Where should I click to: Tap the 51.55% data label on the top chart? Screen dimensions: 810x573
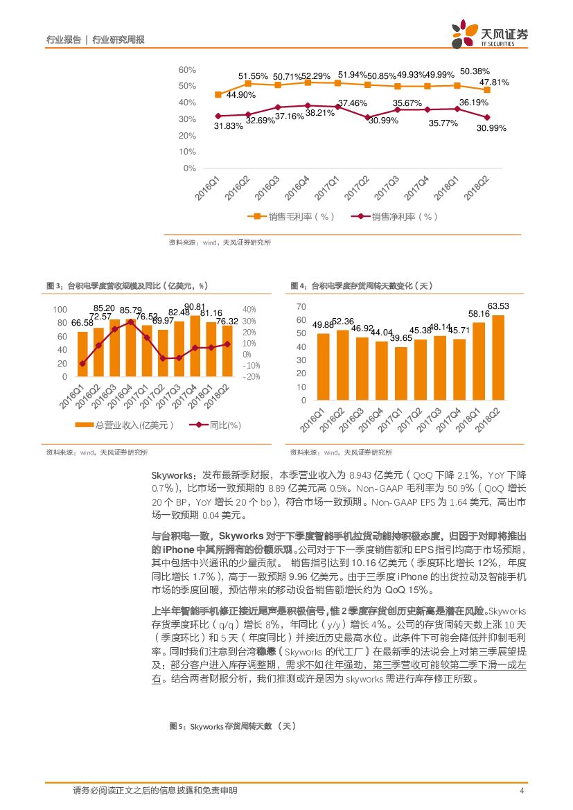(254, 76)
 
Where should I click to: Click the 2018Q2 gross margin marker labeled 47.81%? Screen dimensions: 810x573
(487, 90)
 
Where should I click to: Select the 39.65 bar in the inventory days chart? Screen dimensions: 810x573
(401, 373)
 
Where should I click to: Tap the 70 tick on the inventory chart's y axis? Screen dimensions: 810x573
(301, 306)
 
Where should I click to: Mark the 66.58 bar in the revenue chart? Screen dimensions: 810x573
(82, 354)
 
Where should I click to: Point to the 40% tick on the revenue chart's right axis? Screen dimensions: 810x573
(249, 310)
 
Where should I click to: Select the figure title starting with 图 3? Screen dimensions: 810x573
(126, 285)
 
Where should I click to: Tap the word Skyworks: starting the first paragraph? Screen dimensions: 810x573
(174, 475)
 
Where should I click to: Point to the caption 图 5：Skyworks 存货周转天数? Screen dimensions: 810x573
(233, 726)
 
